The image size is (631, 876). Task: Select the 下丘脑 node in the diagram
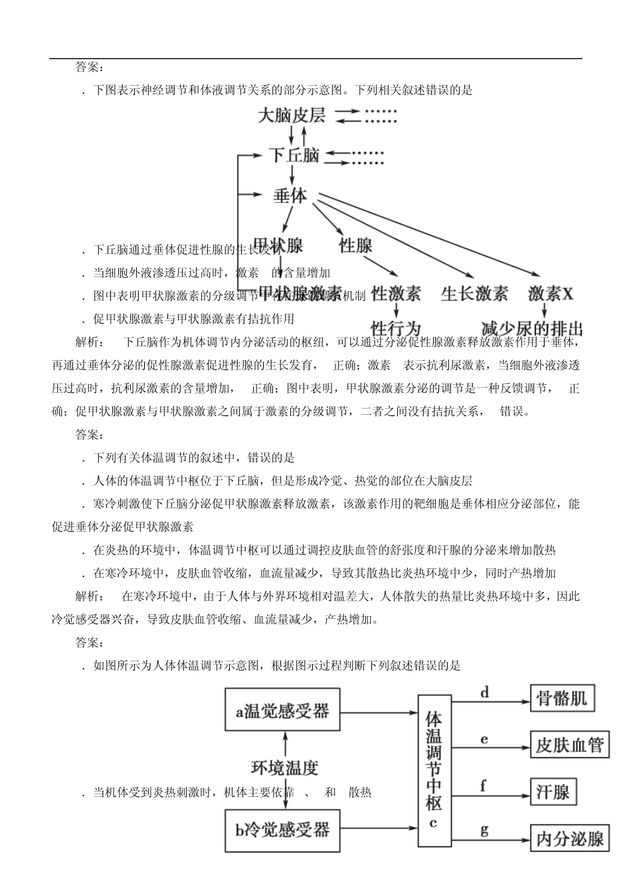click(295, 156)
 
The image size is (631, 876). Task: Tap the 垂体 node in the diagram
click(290, 197)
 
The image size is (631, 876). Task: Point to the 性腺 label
click(355, 245)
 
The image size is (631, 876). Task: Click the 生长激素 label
click(474, 293)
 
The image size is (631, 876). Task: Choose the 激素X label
click(551, 293)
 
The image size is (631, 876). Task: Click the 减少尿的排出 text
click(532, 328)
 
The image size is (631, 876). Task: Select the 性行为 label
click(396, 328)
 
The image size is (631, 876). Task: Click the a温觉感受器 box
click(282, 711)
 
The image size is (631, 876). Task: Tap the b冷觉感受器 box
click(282, 830)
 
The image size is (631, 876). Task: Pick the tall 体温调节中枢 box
click(433, 770)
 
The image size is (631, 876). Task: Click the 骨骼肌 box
click(562, 698)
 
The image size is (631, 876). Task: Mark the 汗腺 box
click(553, 792)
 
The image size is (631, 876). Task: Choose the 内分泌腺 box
click(570, 839)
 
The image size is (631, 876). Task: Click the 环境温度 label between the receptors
click(284, 768)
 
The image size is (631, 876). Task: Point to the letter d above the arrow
click(484, 693)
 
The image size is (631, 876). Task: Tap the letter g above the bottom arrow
click(484, 829)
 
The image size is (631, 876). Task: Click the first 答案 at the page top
click(90, 67)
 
